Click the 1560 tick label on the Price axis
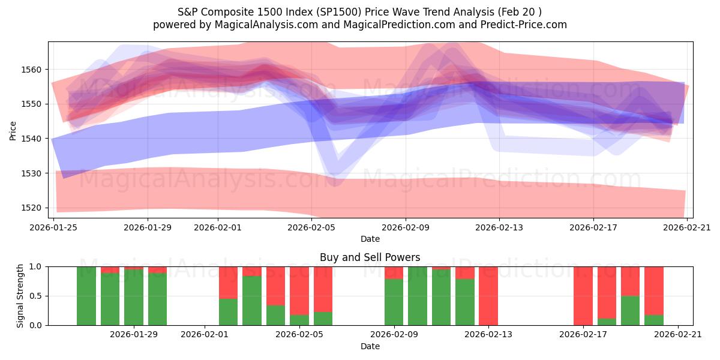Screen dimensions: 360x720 tap(33, 70)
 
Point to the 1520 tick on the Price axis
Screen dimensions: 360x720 tap(33, 208)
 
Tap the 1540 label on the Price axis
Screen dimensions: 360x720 tap(33, 139)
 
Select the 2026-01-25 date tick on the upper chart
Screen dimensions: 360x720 tap(54, 227)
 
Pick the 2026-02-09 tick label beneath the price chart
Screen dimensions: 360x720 tap(405, 227)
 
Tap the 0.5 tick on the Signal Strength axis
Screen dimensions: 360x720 tap(37, 296)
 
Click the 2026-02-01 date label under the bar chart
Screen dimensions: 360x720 tap(205, 335)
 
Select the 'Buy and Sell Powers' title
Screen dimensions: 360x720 tap(370, 257)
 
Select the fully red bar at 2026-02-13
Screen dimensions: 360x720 tap(488, 296)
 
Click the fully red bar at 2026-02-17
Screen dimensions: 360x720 tap(583, 296)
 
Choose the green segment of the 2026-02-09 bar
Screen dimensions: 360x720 tap(394, 302)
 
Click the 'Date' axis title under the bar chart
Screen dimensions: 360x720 tap(370, 346)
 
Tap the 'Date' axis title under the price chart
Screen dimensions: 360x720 tap(370, 239)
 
